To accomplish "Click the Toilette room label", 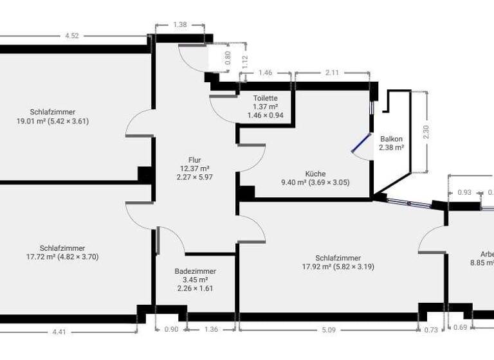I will point(265,98).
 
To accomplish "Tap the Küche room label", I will point(315,174).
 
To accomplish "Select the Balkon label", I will point(391,139).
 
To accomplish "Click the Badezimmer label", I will point(195,271).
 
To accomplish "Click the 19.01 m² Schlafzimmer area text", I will point(52,121).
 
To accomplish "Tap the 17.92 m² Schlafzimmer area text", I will point(338,267).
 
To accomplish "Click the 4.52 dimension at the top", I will point(72,36).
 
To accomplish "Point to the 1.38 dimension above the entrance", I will point(180,24).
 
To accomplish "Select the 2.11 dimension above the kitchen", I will point(332,73).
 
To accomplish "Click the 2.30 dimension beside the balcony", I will point(426,132).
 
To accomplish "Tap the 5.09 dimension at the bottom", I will point(328,330).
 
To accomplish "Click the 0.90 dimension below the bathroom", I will point(170,330).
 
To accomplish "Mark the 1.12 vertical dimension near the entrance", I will point(244,60).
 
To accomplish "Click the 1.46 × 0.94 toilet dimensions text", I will point(265,116).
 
